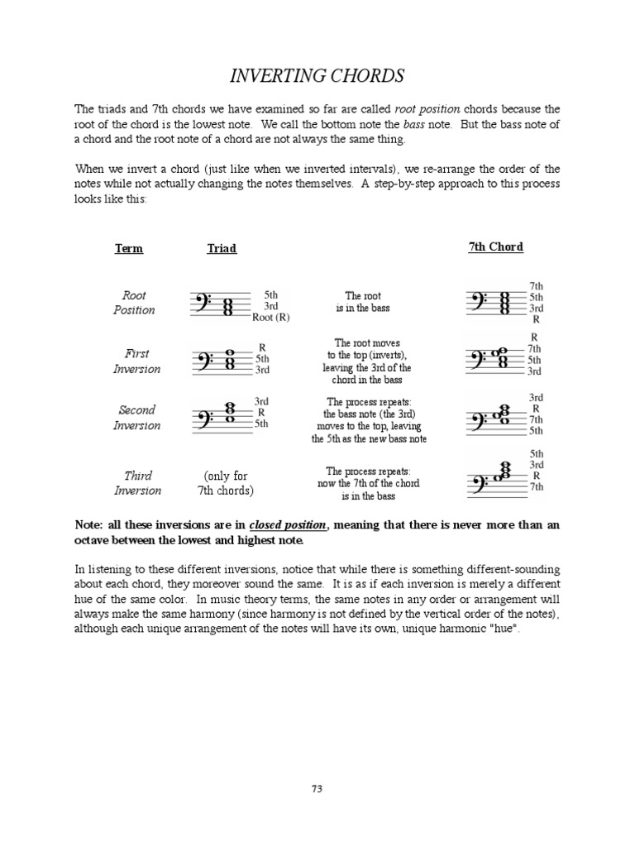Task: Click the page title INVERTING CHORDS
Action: (x=317, y=76)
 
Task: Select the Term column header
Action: (x=129, y=248)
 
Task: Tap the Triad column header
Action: (x=221, y=248)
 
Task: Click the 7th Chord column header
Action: (x=495, y=247)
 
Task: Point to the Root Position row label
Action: (x=134, y=302)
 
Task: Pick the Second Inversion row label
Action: (x=136, y=418)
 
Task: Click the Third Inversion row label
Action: (x=137, y=483)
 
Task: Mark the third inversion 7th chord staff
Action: (x=496, y=482)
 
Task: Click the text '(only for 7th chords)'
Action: (x=226, y=483)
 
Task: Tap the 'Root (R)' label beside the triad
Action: (x=271, y=317)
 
